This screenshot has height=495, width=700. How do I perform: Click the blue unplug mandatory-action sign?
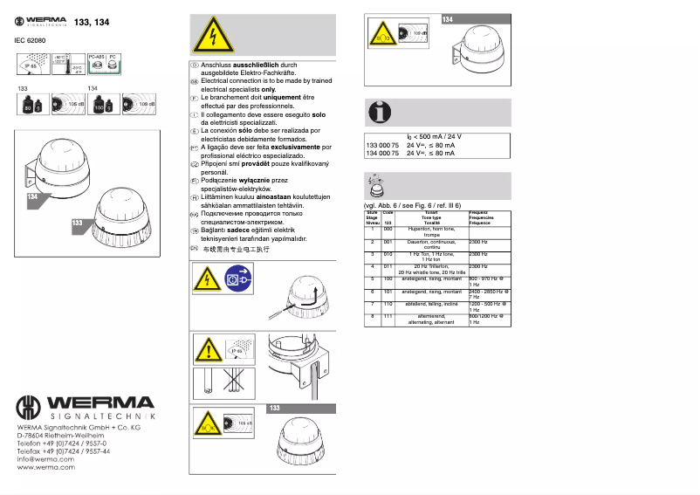[x=234, y=280]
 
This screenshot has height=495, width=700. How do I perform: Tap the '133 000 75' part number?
[x=381, y=145]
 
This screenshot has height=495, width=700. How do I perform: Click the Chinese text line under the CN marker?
[x=236, y=250]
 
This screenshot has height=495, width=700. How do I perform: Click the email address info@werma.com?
[x=44, y=459]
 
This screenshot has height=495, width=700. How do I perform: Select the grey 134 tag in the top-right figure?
[x=449, y=19]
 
